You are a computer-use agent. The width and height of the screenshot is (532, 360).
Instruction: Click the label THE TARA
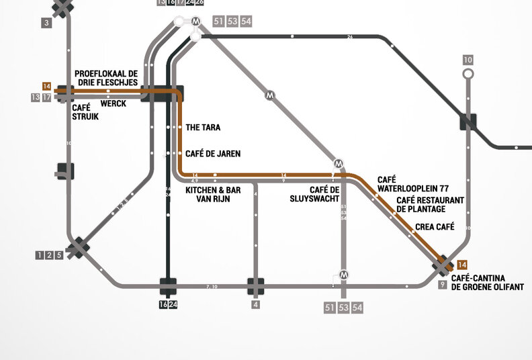point(203,127)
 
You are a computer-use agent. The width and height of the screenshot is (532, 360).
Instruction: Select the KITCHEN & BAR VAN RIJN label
point(212,195)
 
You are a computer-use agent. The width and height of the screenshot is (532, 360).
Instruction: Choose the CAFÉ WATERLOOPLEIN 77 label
point(412,185)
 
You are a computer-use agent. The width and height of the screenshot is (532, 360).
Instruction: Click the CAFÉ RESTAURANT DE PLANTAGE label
point(430,205)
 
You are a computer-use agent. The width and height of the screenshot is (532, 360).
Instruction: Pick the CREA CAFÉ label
point(435,227)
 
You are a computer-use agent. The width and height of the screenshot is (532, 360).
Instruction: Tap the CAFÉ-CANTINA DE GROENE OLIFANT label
point(488,283)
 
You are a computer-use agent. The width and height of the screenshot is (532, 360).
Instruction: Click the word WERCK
point(113,104)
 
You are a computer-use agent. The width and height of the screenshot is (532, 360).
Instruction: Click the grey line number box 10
point(468,60)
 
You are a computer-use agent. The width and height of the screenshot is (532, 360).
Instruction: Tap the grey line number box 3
point(46,24)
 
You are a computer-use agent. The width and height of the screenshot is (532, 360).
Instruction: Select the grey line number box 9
point(442,285)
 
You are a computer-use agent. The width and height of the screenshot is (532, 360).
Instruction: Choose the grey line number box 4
point(255,305)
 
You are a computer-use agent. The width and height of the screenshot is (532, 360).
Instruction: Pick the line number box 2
point(50,255)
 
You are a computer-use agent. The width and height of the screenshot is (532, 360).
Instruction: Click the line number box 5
point(59,255)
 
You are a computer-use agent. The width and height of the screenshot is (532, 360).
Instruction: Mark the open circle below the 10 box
point(468,73)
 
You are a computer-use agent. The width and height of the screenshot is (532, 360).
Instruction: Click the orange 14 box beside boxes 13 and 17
point(46,86)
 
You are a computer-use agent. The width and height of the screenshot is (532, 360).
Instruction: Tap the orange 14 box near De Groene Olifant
point(461,264)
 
